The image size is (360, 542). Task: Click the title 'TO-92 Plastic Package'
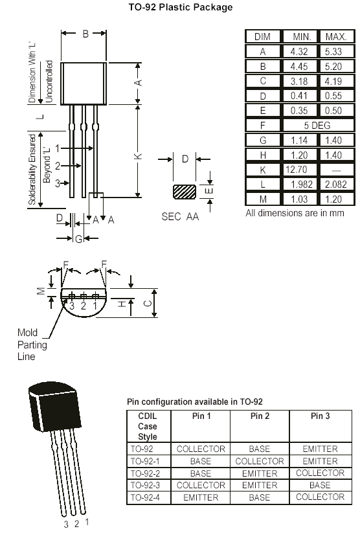pos(181,7)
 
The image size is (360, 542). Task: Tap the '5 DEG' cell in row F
pos(317,126)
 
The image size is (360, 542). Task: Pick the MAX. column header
pos(336,37)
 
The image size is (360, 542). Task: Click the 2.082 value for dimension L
pos(336,185)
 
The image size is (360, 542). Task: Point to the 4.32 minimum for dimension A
pos(299,52)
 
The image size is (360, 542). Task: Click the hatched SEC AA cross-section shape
pos(185,192)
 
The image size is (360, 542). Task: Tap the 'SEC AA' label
pos(180,217)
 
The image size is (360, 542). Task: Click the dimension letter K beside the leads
pos(138,156)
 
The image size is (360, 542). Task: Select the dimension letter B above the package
pos(85,34)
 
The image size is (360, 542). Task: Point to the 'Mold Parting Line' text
pos(32,344)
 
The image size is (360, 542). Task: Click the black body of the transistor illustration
pos(54,406)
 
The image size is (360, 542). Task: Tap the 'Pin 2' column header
pos(260,416)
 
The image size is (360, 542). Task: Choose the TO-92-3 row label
pos(145,485)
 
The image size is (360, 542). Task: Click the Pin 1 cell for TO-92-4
pos(201,497)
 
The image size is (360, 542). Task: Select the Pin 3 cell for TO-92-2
pos(321,473)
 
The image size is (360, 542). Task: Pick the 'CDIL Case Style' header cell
pos(148,426)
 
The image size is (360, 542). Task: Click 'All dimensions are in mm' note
pos(295,213)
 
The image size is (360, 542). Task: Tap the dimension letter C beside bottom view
pos(148,303)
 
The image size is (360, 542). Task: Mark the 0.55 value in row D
pos(333,96)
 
